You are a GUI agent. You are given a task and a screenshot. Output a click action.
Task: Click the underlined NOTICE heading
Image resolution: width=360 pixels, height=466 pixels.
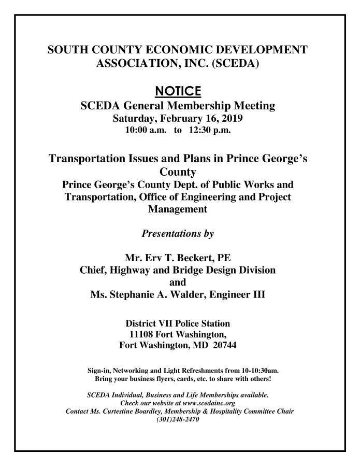(x=178, y=92)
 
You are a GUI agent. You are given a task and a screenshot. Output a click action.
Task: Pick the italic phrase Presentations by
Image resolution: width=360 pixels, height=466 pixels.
(x=178, y=233)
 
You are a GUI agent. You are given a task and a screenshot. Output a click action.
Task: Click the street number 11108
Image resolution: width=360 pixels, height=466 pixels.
(x=145, y=334)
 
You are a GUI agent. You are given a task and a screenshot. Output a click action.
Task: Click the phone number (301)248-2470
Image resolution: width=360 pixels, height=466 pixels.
(x=178, y=419)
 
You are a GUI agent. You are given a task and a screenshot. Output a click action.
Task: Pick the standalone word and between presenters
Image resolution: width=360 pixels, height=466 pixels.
(x=178, y=283)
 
